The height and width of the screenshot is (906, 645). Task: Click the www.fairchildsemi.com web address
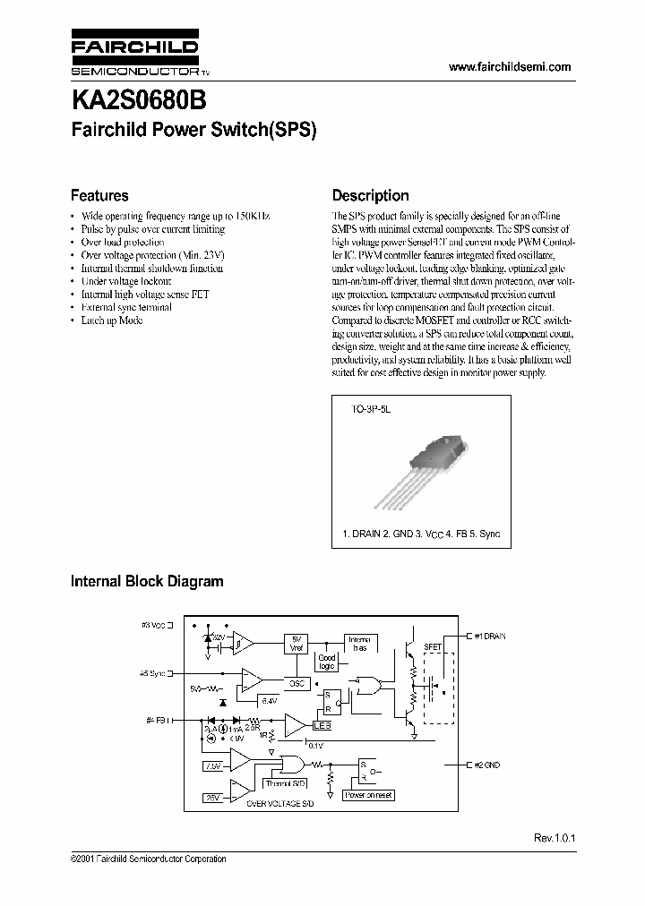tap(508, 67)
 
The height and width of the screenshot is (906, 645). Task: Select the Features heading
tap(99, 195)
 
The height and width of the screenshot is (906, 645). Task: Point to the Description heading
tap(370, 195)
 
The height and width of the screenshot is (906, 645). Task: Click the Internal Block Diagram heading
tap(146, 581)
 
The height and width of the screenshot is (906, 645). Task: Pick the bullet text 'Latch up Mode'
tap(112, 320)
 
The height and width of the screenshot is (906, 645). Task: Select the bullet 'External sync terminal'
tap(126, 307)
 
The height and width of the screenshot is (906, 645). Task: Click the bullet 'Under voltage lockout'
tap(125, 281)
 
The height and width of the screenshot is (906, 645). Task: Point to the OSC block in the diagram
tap(297, 683)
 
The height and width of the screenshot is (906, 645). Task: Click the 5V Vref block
tap(297, 643)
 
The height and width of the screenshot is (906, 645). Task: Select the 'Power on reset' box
tap(368, 795)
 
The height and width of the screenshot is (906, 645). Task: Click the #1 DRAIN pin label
tap(489, 636)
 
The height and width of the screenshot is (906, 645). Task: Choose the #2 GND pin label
tap(486, 765)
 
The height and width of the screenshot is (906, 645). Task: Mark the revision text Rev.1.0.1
tap(554, 838)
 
